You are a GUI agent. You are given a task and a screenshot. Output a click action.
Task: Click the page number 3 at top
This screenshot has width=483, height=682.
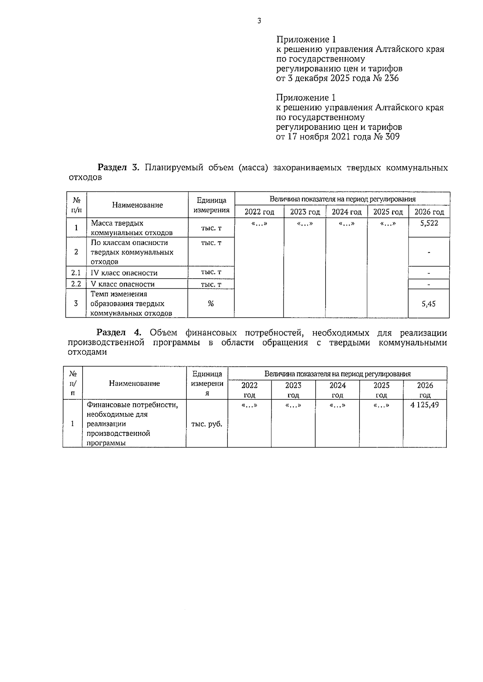(259, 21)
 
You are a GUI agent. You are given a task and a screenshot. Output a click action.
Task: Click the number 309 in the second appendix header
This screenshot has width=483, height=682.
(392, 137)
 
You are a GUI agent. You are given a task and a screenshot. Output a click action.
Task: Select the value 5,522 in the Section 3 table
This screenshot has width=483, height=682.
(429, 223)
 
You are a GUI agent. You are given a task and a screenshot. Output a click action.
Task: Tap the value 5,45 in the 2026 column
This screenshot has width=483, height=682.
(429, 304)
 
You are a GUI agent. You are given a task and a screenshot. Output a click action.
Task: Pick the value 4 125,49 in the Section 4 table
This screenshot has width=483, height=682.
(425, 405)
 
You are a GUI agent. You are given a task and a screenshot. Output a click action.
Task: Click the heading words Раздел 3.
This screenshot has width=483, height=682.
(119, 168)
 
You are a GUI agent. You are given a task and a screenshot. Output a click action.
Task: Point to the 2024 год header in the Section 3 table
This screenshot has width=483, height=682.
(346, 212)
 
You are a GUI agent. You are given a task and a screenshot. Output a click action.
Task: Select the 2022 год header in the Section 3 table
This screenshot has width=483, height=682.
(259, 212)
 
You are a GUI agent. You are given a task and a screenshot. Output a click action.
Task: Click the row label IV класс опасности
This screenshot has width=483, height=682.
(124, 273)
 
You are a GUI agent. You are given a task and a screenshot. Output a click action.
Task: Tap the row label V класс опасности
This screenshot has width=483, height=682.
(123, 284)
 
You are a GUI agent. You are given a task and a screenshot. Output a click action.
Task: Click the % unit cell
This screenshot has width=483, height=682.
(211, 304)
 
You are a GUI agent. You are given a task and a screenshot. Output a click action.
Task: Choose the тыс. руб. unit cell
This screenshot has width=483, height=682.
(207, 424)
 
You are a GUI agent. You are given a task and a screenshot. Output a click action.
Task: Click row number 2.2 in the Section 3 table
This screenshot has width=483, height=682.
(76, 284)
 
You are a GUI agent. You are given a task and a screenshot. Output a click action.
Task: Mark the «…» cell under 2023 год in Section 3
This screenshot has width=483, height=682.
(304, 224)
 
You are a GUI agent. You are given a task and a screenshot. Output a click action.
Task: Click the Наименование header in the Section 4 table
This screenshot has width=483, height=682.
(134, 384)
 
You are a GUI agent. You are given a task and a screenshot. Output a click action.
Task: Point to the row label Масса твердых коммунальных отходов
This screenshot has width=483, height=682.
(132, 228)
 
